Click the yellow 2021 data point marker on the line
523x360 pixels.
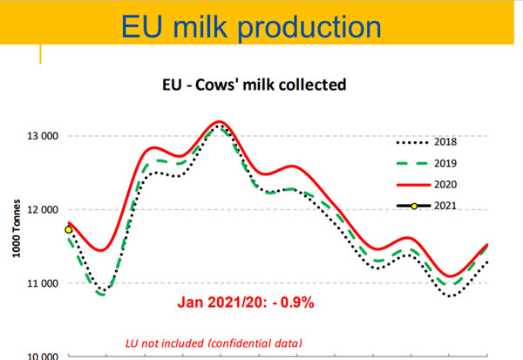click(69, 229)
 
